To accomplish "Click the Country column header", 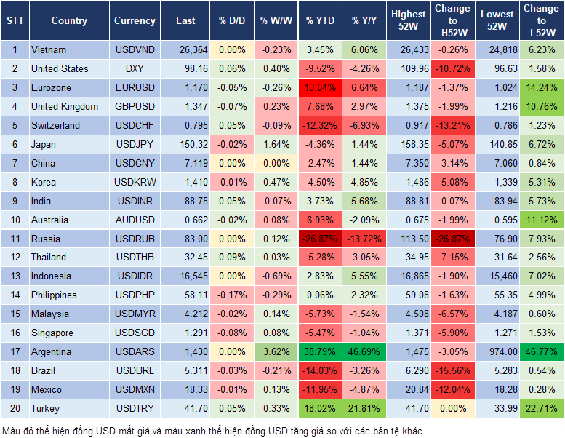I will pos(69,21).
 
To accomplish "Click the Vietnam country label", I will pos(49,50).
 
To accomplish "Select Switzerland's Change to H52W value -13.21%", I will pos(452,126).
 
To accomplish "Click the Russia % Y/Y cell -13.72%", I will pos(364,239).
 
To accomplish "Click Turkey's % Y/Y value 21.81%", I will pos(364,409).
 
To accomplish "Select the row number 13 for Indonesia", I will pos(14,276).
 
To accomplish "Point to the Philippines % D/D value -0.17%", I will pos(232,295).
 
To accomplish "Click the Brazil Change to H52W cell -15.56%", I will pos(452,371).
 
